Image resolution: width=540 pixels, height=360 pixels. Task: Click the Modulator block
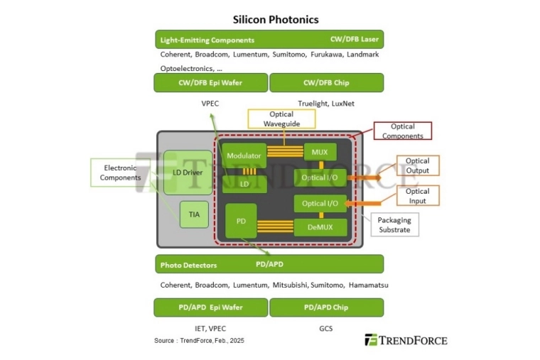pyautogui.click(x=244, y=156)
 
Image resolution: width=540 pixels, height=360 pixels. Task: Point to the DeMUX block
pyautogui.click(x=320, y=227)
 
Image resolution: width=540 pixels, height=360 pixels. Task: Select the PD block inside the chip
pyautogui.click(x=240, y=221)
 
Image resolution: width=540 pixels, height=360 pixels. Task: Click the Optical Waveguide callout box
pyautogui.click(x=281, y=119)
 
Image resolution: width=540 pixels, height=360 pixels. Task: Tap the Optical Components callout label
pyautogui.click(x=402, y=131)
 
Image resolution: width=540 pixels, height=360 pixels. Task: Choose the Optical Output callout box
pyautogui.click(x=417, y=165)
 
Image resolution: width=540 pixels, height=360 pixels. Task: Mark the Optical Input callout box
pyautogui.click(x=417, y=196)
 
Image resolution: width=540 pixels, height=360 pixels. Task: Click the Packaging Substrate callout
pyautogui.click(x=394, y=225)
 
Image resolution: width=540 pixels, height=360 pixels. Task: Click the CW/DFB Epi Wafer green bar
pyautogui.click(x=210, y=83)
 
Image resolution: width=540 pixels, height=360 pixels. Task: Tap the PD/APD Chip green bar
pyautogui.click(x=326, y=307)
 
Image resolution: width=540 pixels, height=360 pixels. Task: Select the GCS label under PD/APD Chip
pyautogui.click(x=325, y=329)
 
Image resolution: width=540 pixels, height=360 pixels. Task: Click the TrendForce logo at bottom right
pyautogui.click(x=406, y=340)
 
